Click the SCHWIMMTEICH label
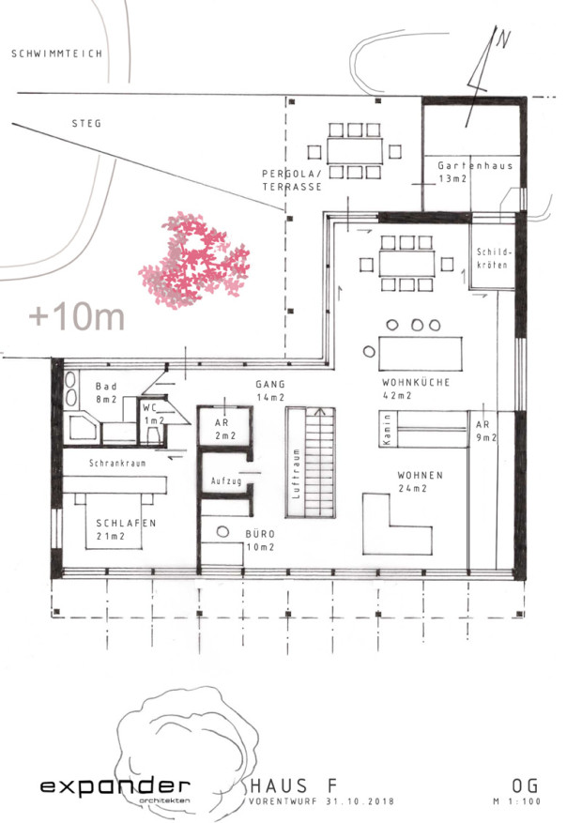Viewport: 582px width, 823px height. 56,53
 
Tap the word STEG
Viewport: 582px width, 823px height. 86,123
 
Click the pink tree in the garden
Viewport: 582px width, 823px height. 194,260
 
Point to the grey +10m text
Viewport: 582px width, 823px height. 77,316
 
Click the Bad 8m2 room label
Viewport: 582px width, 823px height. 106,392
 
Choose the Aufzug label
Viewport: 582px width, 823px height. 226,480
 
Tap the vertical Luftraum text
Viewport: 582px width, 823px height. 297,473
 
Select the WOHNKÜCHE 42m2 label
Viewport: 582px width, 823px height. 416,389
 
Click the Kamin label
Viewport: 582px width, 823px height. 388,429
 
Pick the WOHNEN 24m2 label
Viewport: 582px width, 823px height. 420,481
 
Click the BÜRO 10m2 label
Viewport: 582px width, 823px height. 260,541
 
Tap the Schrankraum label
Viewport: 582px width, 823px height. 117,464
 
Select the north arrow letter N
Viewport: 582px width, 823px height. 504,40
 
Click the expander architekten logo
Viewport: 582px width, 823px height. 115,789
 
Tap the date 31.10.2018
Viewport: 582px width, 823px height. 360,802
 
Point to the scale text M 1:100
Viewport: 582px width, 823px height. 516,801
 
